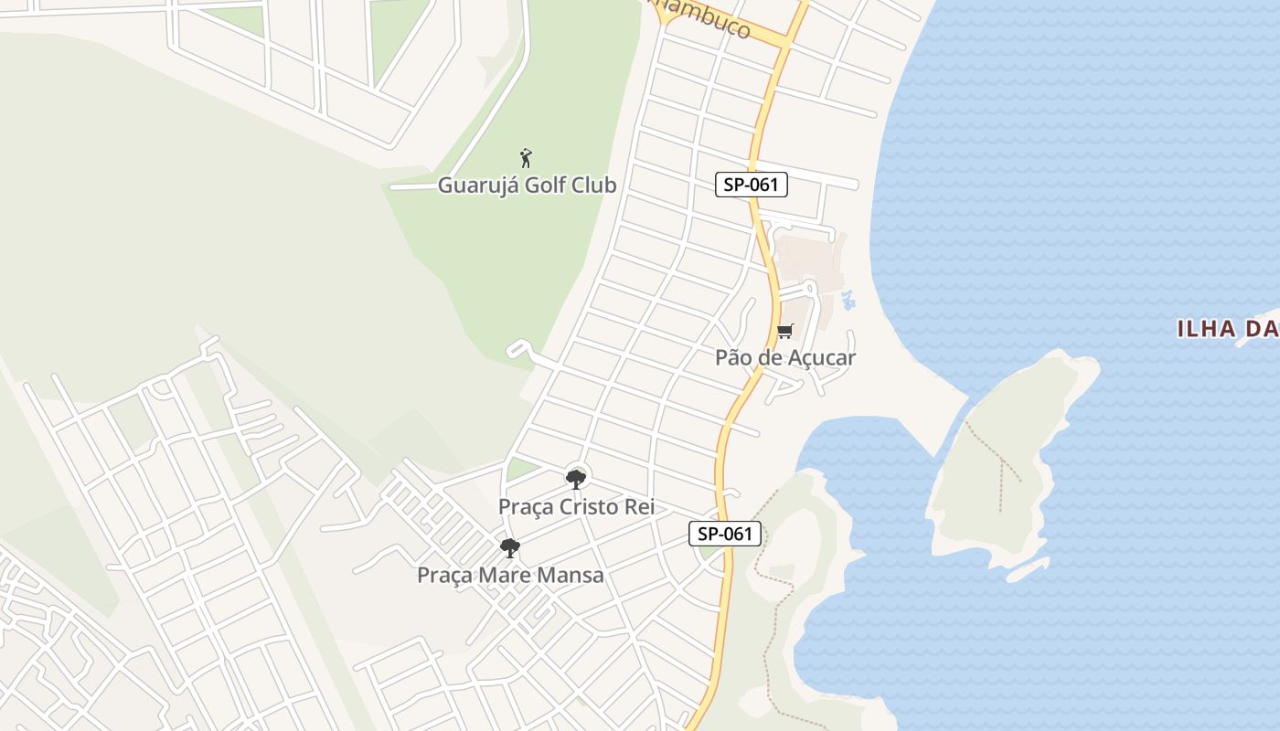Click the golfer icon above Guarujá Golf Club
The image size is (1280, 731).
pyautogui.click(x=526, y=158)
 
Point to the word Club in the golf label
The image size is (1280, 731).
pyautogui.click(x=594, y=185)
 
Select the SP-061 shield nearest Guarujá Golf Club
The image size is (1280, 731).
pyautogui.click(x=751, y=185)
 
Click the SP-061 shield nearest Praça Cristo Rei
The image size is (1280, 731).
pyautogui.click(x=725, y=534)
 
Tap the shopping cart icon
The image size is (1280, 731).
pyautogui.click(x=784, y=331)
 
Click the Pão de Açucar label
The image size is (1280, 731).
pyautogui.click(x=785, y=357)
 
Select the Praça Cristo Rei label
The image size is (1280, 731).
pyautogui.click(x=576, y=506)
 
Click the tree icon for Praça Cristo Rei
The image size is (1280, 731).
pyautogui.click(x=575, y=479)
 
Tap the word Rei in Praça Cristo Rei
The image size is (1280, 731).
pyautogui.click(x=639, y=506)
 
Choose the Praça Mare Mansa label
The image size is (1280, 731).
pyautogui.click(x=510, y=575)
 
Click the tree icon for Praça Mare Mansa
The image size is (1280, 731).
pyautogui.click(x=510, y=548)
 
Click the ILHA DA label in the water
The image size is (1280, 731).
pyautogui.click(x=1225, y=329)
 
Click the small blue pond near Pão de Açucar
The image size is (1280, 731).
pyautogui.click(x=848, y=298)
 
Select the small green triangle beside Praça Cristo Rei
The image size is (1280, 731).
pyautogui.click(x=520, y=470)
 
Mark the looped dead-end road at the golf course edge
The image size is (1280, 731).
pyautogui.click(x=518, y=349)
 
